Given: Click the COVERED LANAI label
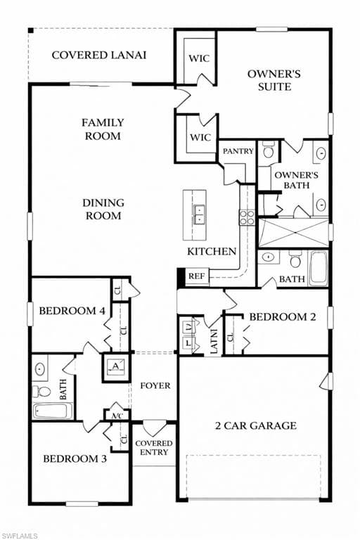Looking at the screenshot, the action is tap(99, 55).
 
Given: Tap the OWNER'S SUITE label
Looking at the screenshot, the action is tap(274, 80).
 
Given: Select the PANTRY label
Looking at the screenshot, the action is tap(238, 151).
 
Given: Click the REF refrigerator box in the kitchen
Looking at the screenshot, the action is tap(197, 276).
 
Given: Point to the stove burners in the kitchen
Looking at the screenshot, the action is tap(247, 217).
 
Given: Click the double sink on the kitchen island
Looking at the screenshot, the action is tap(200, 214).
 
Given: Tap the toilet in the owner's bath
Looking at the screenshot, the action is tap(268, 150).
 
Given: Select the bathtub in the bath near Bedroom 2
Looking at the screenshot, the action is tap(318, 268).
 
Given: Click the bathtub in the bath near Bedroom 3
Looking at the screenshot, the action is tap(53, 411).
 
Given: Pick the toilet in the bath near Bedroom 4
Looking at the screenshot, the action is tap(41, 391).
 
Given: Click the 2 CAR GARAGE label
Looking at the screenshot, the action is tap(256, 425).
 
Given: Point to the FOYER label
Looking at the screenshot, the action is tap(155, 386).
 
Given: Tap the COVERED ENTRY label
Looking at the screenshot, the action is tap(154, 448).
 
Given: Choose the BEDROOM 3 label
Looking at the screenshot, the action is tap(75, 458).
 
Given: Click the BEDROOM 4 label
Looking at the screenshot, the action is tap(72, 311).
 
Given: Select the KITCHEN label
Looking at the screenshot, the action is tap(212, 252).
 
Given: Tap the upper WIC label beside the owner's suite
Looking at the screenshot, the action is tap(199, 58).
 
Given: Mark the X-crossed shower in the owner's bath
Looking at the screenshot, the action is tap(293, 233).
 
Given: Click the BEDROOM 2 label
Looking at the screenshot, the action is tap(283, 317).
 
